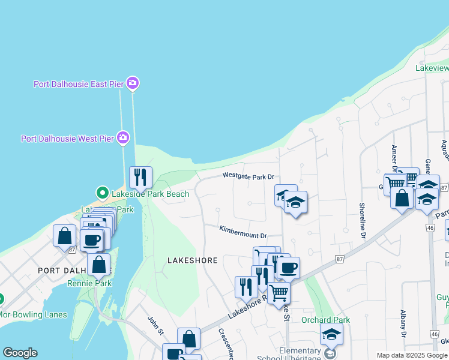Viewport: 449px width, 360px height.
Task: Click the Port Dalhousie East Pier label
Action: [x=78, y=84]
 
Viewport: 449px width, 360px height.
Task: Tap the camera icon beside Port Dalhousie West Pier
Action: [x=124, y=139]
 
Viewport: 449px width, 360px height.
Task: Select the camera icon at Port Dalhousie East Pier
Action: [x=133, y=83]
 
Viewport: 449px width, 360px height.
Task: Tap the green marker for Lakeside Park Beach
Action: [x=102, y=194]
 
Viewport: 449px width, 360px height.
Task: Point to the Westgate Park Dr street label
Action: [x=248, y=176]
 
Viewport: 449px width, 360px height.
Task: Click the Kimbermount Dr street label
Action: [x=243, y=230]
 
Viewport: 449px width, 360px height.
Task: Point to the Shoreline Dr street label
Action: [x=363, y=220]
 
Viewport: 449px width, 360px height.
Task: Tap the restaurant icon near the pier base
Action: [x=140, y=176]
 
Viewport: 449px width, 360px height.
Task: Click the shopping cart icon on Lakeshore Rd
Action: [x=279, y=293]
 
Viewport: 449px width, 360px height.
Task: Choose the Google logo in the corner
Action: [x=20, y=353]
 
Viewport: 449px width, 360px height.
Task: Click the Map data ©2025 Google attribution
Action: [x=412, y=355]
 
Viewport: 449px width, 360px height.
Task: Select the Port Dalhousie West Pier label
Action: [x=67, y=139]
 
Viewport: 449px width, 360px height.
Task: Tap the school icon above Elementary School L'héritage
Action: [x=331, y=334]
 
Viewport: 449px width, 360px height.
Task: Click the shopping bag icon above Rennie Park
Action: [x=98, y=264]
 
